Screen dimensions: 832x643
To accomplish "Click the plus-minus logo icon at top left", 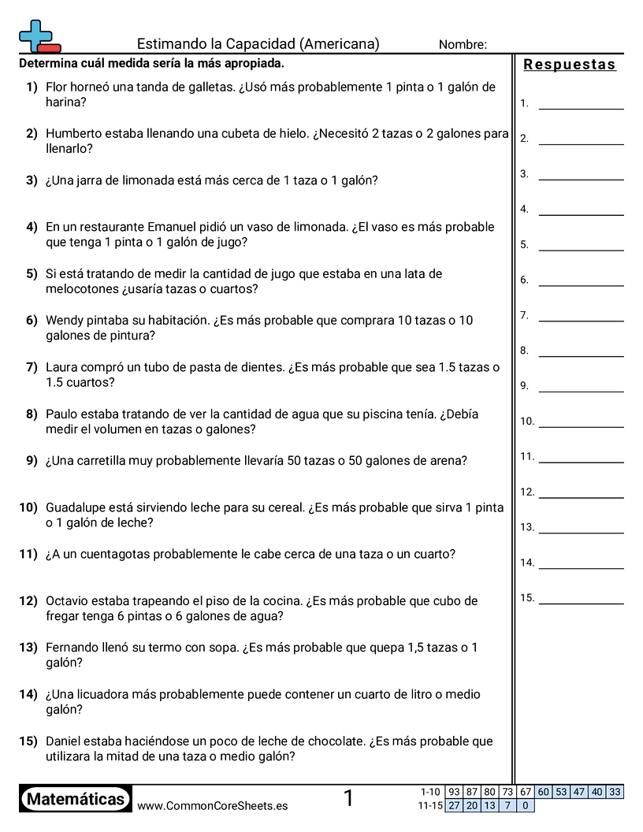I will pyautogui.click(x=39, y=36).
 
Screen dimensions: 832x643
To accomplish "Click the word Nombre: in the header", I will pyautogui.click(x=463, y=45).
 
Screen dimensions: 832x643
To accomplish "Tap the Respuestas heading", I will pyautogui.click(x=570, y=65).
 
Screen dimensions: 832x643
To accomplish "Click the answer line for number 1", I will pyautogui.click(x=581, y=108).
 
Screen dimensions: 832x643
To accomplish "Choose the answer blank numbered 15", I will pyautogui.click(x=581, y=603).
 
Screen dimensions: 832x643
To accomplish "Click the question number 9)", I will pyautogui.click(x=32, y=461).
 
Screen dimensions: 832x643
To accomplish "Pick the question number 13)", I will pyautogui.click(x=28, y=648).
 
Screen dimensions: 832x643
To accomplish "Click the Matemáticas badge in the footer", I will pyautogui.click(x=76, y=799).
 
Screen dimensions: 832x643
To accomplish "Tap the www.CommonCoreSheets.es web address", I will pyautogui.click(x=212, y=805).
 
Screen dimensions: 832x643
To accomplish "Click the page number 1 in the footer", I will pyautogui.click(x=348, y=799).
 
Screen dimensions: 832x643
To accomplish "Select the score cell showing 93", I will pyautogui.click(x=454, y=792).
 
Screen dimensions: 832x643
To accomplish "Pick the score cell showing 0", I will pyautogui.click(x=526, y=805).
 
